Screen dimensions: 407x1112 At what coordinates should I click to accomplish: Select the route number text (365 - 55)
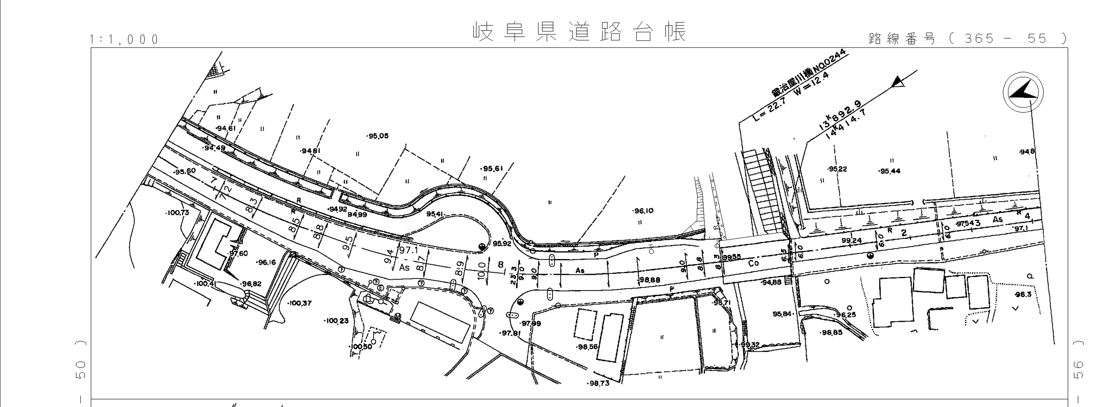(x=967, y=39)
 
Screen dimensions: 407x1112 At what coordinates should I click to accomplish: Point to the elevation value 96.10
(x=643, y=211)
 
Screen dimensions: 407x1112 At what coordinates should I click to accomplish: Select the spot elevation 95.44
(x=890, y=171)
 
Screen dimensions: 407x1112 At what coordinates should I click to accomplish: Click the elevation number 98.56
(x=587, y=346)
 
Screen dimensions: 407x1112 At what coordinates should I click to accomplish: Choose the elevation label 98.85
(x=832, y=333)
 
